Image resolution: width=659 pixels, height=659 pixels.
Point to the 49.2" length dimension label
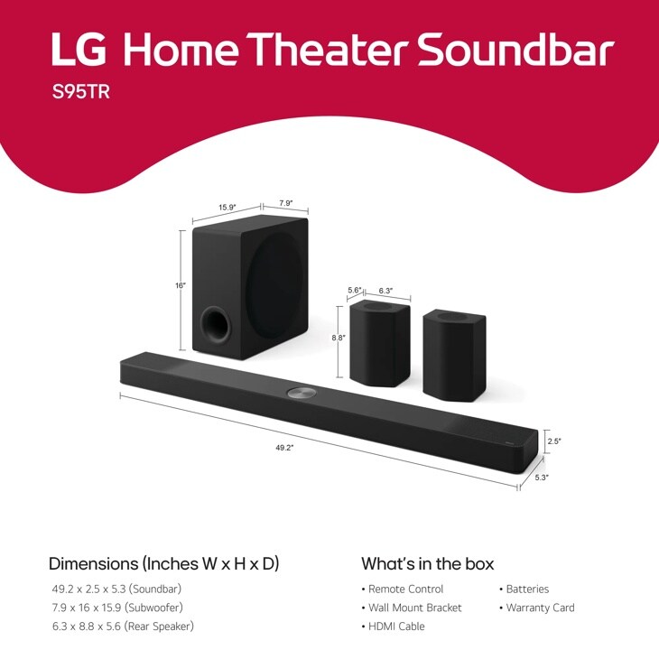(x=285, y=447)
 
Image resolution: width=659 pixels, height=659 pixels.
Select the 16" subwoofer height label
(x=181, y=285)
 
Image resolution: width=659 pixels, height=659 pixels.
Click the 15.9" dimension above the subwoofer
(x=227, y=207)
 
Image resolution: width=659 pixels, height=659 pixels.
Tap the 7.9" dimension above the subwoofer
(x=285, y=203)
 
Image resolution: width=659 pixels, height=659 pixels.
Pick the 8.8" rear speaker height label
(x=339, y=338)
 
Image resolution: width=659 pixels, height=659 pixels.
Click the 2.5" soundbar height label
(x=554, y=441)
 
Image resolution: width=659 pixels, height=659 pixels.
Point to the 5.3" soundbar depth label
(x=542, y=477)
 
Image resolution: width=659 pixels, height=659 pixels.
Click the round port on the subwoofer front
(x=215, y=324)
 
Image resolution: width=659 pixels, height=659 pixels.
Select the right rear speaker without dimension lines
(x=454, y=351)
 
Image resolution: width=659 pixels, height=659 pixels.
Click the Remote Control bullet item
(x=405, y=589)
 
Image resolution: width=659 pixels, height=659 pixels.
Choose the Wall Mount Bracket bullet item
(x=414, y=608)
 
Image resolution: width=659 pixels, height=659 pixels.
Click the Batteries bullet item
(x=527, y=589)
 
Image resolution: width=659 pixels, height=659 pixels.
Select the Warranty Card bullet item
(x=540, y=608)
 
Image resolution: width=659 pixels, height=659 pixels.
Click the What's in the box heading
(x=428, y=564)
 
